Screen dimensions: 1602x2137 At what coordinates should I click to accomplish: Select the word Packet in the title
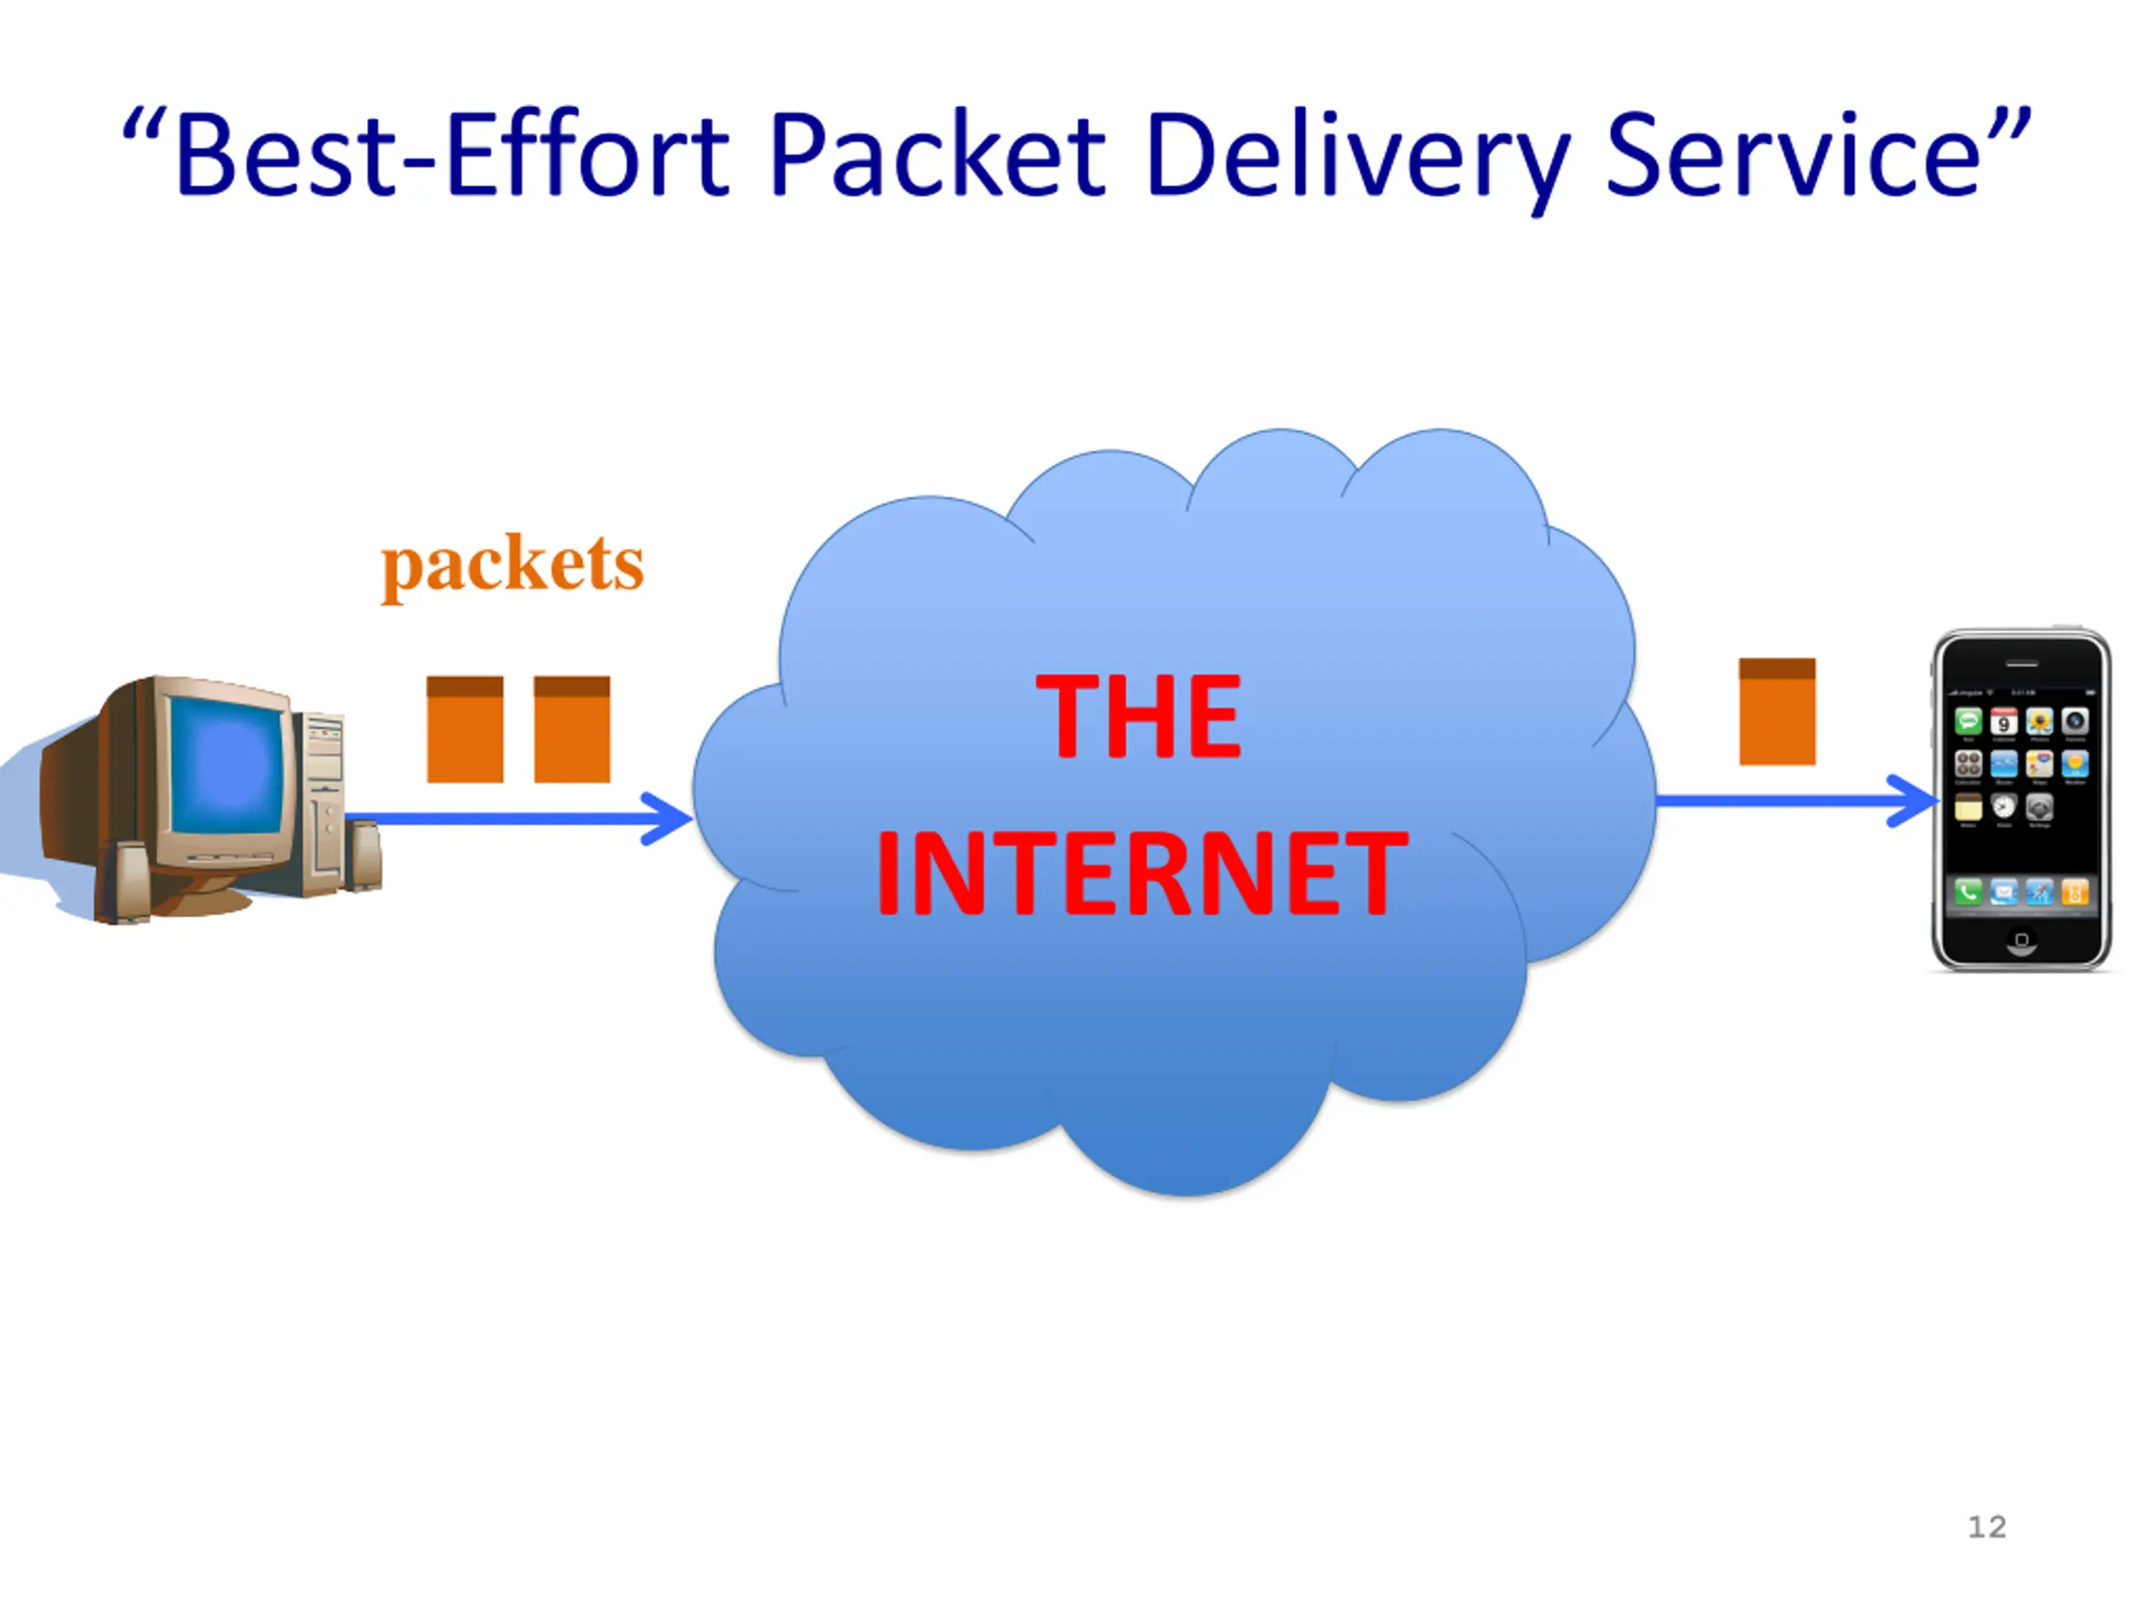click(x=937, y=154)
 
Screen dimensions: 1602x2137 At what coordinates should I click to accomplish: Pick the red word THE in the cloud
click(x=1138, y=716)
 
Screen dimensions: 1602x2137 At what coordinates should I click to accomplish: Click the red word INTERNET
click(x=1141, y=873)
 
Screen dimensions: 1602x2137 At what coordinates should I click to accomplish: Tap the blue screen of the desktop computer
click(x=230, y=763)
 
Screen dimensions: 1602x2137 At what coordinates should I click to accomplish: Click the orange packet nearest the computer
click(x=465, y=730)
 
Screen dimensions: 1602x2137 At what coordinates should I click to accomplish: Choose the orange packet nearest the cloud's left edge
click(x=572, y=730)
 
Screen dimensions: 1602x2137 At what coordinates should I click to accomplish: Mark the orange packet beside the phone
click(x=1776, y=712)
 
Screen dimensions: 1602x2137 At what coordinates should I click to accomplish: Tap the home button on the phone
click(x=2021, y=939)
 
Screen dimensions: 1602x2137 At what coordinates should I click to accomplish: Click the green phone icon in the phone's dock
click(x=1968, y=891)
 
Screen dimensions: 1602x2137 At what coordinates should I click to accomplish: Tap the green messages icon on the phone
click(x=1968, y=720)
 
